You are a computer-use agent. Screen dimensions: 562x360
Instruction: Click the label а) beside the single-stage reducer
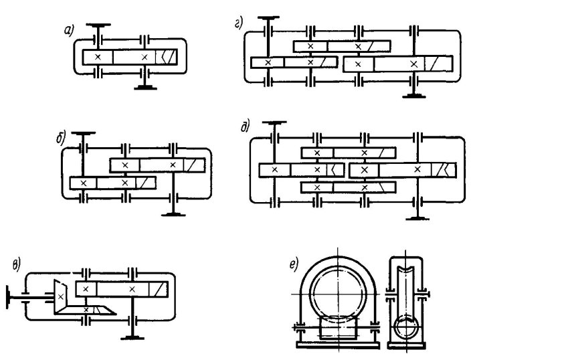pyautogui.click(x=68, y=31)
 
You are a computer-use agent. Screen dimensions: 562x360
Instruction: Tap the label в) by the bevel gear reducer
pyautogui.click(x=17, y=266)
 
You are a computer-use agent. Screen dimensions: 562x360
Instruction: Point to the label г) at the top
pyautogui.click(x=239, y=23)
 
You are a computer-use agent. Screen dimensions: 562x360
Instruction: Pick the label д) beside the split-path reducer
pyautogui.click(x=245, y=126)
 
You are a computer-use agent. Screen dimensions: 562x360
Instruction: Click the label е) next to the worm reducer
pyautogui.click(x=294, y=264)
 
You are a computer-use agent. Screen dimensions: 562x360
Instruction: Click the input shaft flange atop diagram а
pyautogui.click(x=98, y=25)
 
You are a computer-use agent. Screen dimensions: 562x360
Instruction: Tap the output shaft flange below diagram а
pyautogui.click(x=145, y=88)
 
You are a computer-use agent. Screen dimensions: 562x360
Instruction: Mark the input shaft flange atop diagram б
pyautogui.click(x=83, y=133)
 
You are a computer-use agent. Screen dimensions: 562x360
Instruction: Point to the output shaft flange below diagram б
pyautogui.click(x=173, y=214)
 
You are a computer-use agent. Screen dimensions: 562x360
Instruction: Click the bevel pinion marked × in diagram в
pyautogui.click(x=61, y=296)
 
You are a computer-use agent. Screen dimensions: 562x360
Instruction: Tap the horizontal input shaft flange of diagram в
pyautogui.click(x=7, y=298)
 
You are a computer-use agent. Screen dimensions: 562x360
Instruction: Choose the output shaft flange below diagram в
pyautogui.click(x=132, y=338)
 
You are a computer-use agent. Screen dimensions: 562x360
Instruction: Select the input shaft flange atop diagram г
pyautogui.click(x=268, y=17)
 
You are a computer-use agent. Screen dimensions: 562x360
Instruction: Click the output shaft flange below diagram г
pyautogui.click(x=414, y=96)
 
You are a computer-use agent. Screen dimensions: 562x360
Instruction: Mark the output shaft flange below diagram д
pyautogui.click(x=417, y=218)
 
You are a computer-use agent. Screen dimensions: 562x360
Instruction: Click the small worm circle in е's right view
pyautogui.click(x=406, y=327)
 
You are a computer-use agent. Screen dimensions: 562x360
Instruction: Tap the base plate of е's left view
pyautogui.click(x=339, y=345)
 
